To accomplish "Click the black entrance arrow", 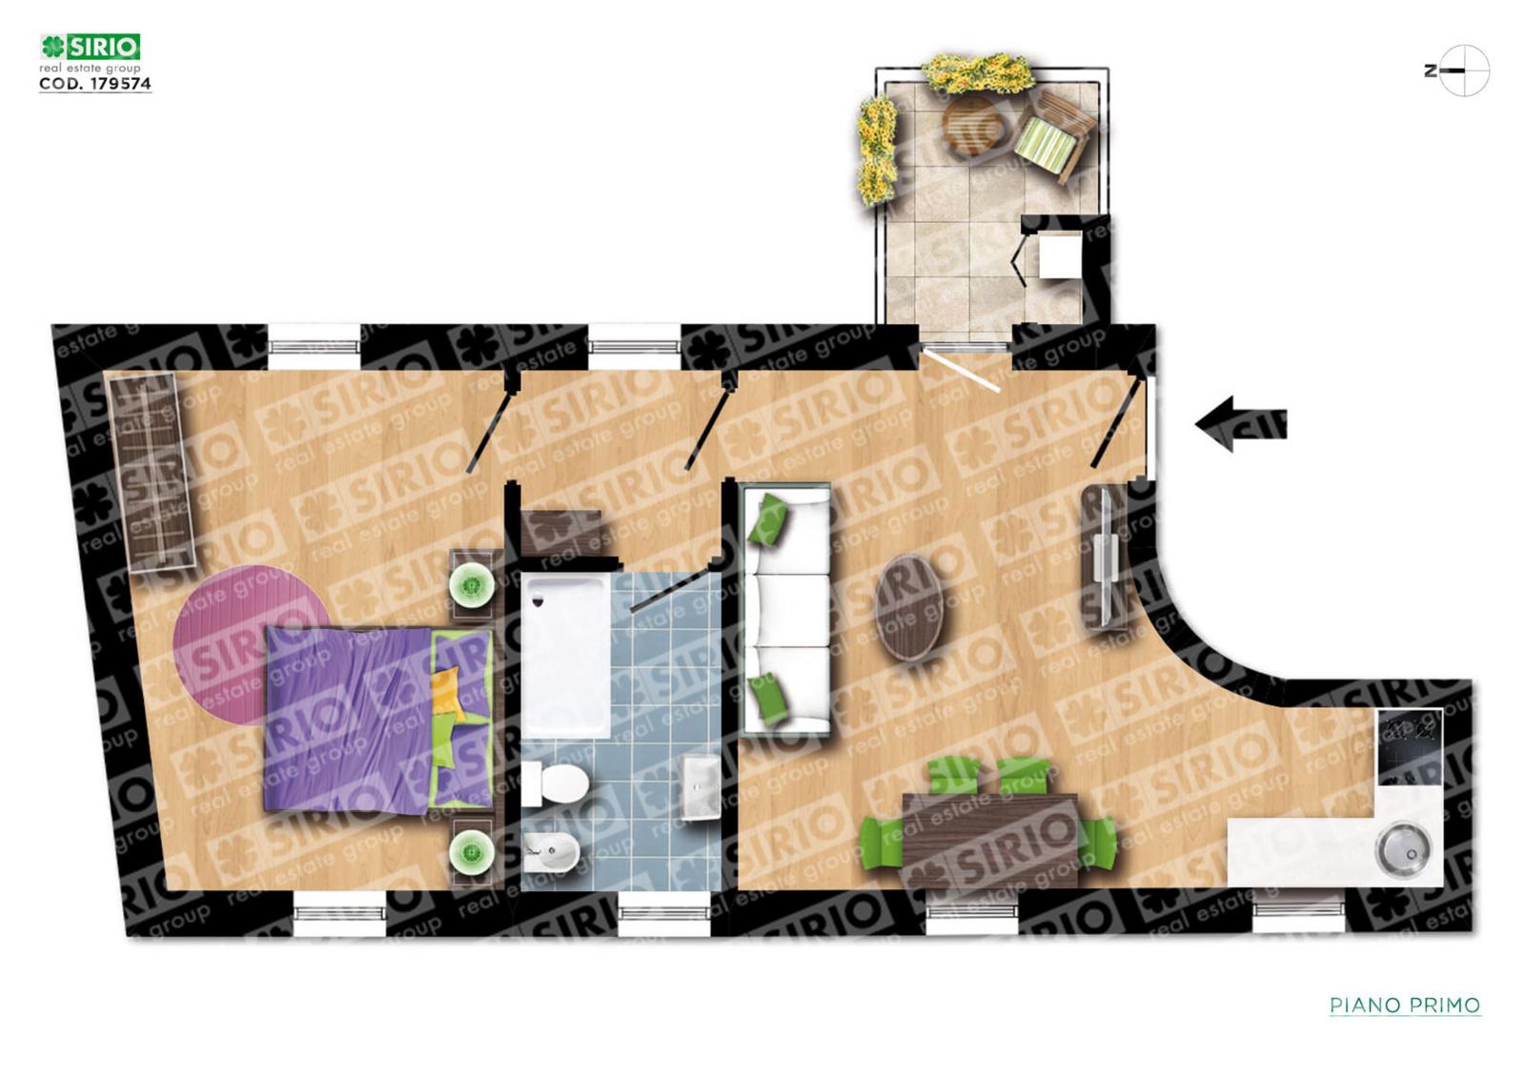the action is coord(1240,424).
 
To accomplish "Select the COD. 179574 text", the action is coord(95,83).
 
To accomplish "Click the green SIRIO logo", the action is coord(90,47).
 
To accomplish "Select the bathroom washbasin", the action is coord(701,786).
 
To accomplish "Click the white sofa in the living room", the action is coord(786,609).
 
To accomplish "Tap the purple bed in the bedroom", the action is coord(378,720).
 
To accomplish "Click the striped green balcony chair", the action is coord(1051,138).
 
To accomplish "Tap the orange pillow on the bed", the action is coord(446,692).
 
